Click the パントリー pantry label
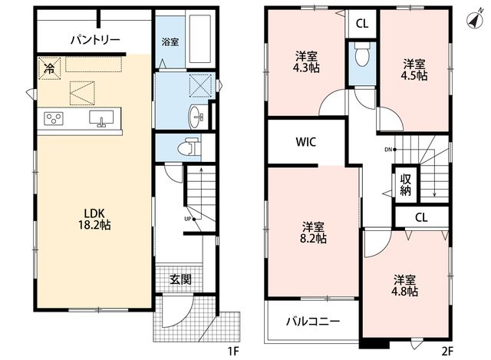click(x=95, y=40)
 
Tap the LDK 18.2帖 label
click(x=94, y=220)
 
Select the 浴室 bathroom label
click(x=170, y=42)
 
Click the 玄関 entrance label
click(x=181, y=279)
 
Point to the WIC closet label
click(x=306, y=142)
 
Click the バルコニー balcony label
click(x=313, y=321)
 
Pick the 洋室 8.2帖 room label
click(x=313, y=233)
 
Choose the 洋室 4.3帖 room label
click(x=307, y=62)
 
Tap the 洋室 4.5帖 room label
click(x=414, y=70)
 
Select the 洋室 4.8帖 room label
click(x=404, y=286)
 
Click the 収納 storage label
click(x=406, y=185)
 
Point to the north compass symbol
click(x=475, y=21)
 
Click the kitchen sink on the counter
click(x=101, y=118)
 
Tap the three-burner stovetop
click(x=54, y=118)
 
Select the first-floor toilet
click(x=189, y=147)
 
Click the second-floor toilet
click(x=363, y=54)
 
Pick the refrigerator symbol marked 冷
click(x=49, y=68)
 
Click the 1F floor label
click(x=233, y=352)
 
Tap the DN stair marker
click(x=390, y=150)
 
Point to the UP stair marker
click(x=189, y=219)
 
